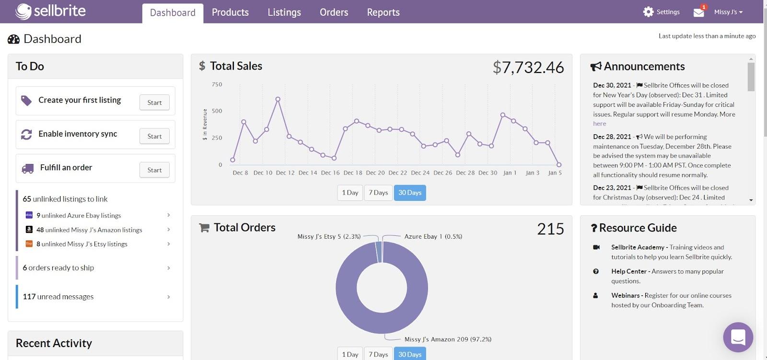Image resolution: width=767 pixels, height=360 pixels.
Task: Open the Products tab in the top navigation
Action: pyautogui.click(x=230, y=12)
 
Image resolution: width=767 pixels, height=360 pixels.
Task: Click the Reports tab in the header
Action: pyautogui.click(x=383, y=12)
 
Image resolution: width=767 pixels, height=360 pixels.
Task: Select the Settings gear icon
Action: pyautogui.click(x=648, y=12)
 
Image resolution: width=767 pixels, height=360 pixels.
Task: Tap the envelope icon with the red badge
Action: pyautogui.click(x=699, y=12)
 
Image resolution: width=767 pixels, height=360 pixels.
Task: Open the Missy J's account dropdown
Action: pyautogui.click(x=728, y=12)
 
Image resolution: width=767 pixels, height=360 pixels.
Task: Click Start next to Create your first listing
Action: pyautogui.click(x=154, y=103)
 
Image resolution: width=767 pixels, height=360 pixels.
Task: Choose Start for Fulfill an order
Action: pyautogui.click(x=154, y=170)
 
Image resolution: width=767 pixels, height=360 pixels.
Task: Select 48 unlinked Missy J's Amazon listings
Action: pyautogui.click(x=89, y=230)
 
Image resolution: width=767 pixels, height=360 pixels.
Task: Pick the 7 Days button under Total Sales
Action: pyautogui.click(x=378, y=193)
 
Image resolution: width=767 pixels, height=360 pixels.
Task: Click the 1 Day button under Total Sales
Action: pyautogui.click(x=350, y=193)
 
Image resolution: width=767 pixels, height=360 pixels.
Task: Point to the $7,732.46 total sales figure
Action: pyautogui.click(x=528, y=68)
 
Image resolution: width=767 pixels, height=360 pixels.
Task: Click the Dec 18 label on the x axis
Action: pyautogui.click(x=353, y=173)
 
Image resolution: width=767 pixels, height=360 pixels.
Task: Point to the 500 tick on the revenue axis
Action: pyautogui.click(x=217, y=111)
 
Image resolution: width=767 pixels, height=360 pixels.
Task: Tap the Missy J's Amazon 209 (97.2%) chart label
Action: pyautogui.click(x=448, y=339)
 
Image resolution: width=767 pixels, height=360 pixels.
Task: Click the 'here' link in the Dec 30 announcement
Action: pyautogui.click(x=599, y=124)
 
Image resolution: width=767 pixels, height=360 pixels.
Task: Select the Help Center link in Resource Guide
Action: pyautogui.click(x=628, y=271)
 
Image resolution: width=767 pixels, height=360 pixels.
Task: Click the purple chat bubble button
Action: pyautogui.click(x=738, y=337)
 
